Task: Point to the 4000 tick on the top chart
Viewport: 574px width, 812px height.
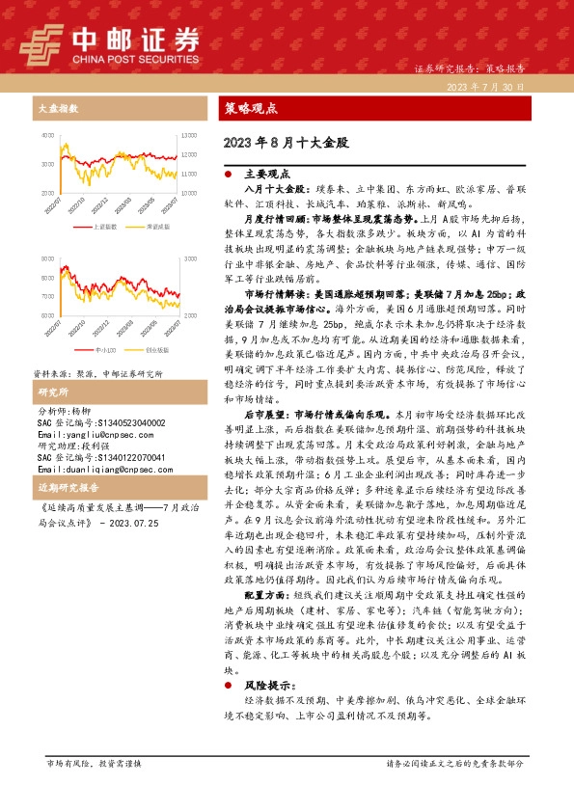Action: tap(48, 136)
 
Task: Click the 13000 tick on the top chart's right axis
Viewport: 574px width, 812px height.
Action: tap(189, 136)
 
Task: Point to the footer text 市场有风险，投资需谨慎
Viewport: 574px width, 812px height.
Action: tap(94, 763)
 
